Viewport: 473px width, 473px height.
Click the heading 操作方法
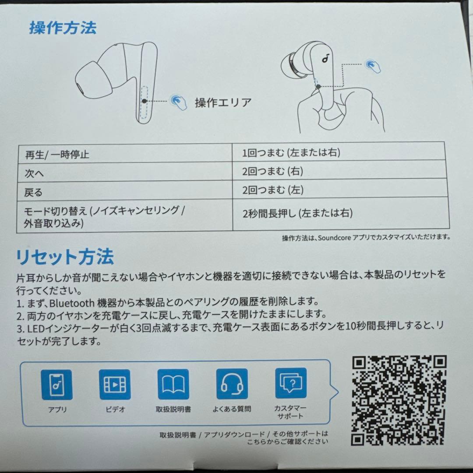pyautogui.click(x=63, y=28)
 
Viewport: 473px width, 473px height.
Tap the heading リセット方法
pyautogui.click(x=65, y=256)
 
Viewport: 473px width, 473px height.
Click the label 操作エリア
pyautogui.click(x=223, y=102)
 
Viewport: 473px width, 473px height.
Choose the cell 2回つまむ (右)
pyautogui.click(x=272, y=171)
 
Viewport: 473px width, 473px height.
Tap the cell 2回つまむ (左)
pyautogui.click(x=272, y=190)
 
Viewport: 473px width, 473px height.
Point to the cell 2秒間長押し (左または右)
pyautogui.click(x=297, y=214)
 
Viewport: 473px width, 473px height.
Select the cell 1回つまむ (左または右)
pyautogui.click(x=291, y=153)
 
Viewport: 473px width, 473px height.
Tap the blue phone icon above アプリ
pyautogui.click(x=57, y=384)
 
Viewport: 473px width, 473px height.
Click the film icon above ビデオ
pyautogui.click(x=115, y=384)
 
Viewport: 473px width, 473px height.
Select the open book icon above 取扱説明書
pyautogui.click(x=173, y=384)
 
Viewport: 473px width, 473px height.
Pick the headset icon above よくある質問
pyautogui.click(x=232, y=384)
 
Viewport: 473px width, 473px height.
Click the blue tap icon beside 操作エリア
pyautogui.click(x=178, y=100)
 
